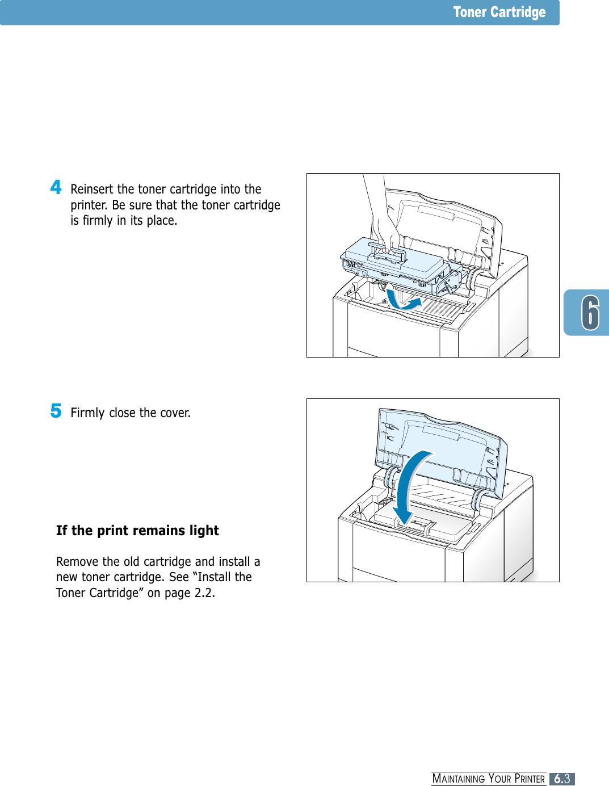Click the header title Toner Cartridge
click(x=499, y=12)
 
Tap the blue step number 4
click(x=56, y=187)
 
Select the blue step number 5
click(x=56, y=410)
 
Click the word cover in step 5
click(x=175, y=413)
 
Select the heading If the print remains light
click(x=137, y=531)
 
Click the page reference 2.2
click(x=204, y=593)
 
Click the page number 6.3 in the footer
click(x=562, y=779)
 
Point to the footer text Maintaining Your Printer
click(x=488, y=779)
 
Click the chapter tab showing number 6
click(x=589, y=313)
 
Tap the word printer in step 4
click(x=88, y=205)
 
